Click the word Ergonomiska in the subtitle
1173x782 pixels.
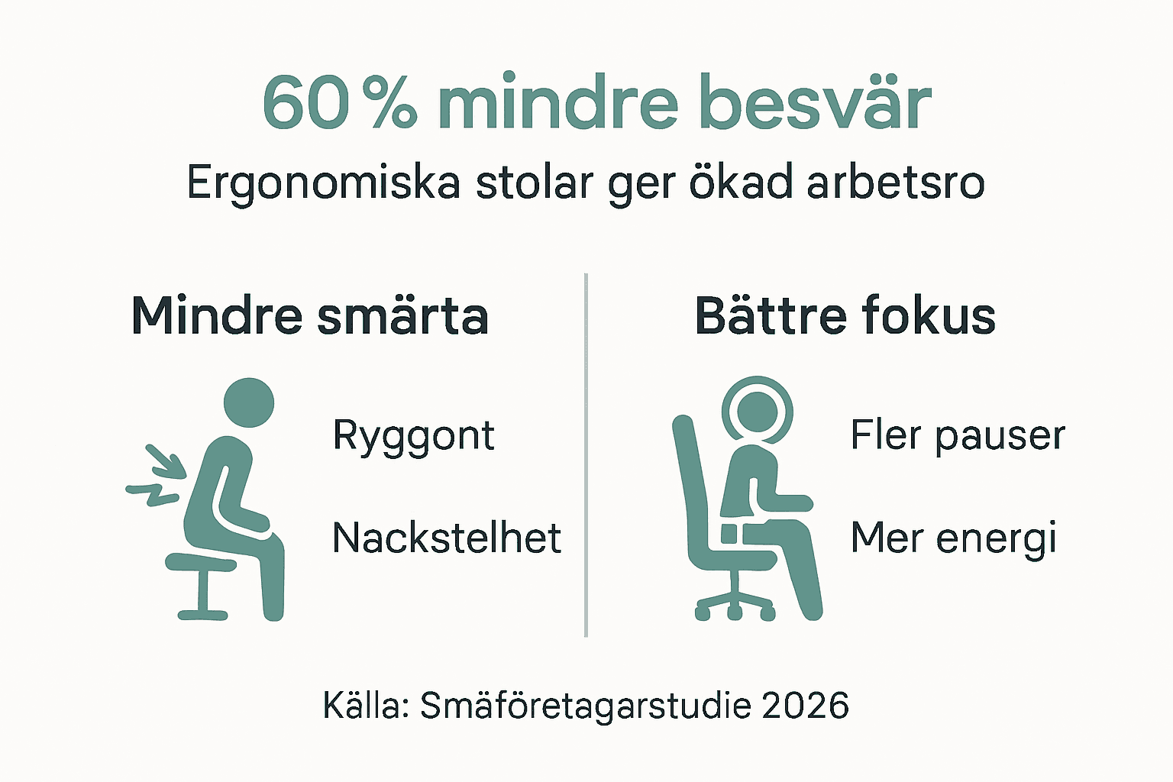[323, 183]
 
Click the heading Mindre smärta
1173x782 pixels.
[310, 315]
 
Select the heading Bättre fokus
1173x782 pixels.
[845, 315]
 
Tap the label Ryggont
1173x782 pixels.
[413, 436]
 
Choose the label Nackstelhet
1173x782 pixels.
[447, 538]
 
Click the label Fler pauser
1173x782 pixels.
[957, 435]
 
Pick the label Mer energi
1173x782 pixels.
[953, 538]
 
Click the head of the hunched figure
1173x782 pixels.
[248, 402]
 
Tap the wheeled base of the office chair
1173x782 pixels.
[735, 603]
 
